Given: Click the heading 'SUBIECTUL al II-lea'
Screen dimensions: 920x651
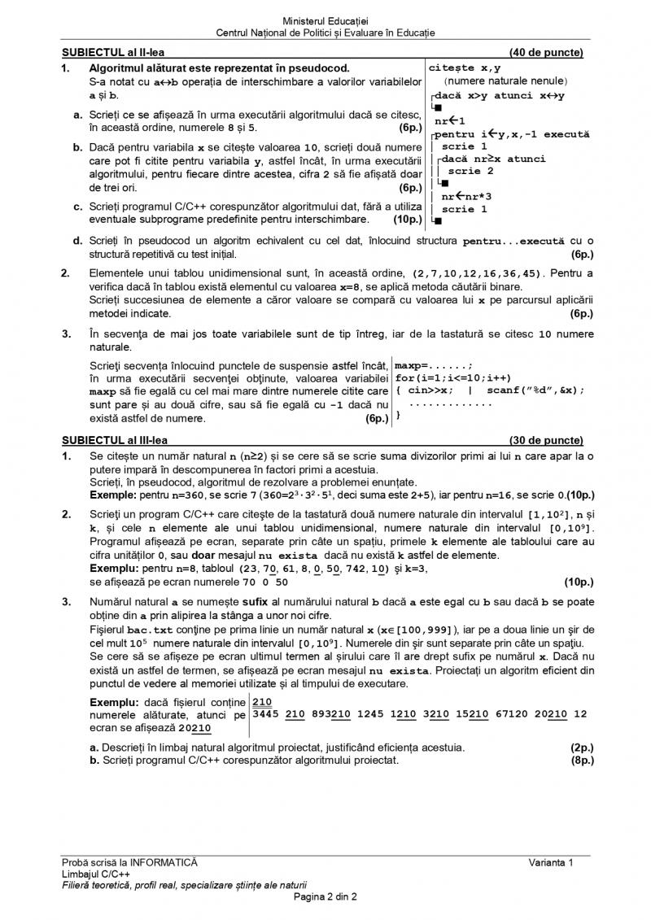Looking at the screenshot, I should (112, 54).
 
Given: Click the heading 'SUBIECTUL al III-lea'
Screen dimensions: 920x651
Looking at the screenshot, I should (114, 440).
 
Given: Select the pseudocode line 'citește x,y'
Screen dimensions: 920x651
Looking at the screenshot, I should (465, 68).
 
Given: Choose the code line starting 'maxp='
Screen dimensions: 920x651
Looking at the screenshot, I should (422, 365).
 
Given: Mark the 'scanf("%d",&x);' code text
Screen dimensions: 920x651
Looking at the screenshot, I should (536, 390).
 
